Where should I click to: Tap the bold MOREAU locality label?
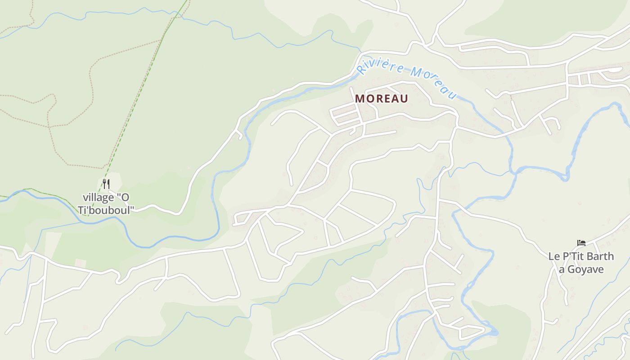pyautogui.click(x=382, y=99)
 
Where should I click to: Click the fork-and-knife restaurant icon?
pyautogui.click(x=106, y=184)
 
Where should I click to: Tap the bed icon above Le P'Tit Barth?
pyautogui.click(x=581, y=243)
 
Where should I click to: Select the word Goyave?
pyautogui.click(x=585, y=270)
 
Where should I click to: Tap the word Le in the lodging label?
pyautogui.click(x=553, y=256)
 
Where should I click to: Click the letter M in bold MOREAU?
pyautogui.click(x=359, y=99)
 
